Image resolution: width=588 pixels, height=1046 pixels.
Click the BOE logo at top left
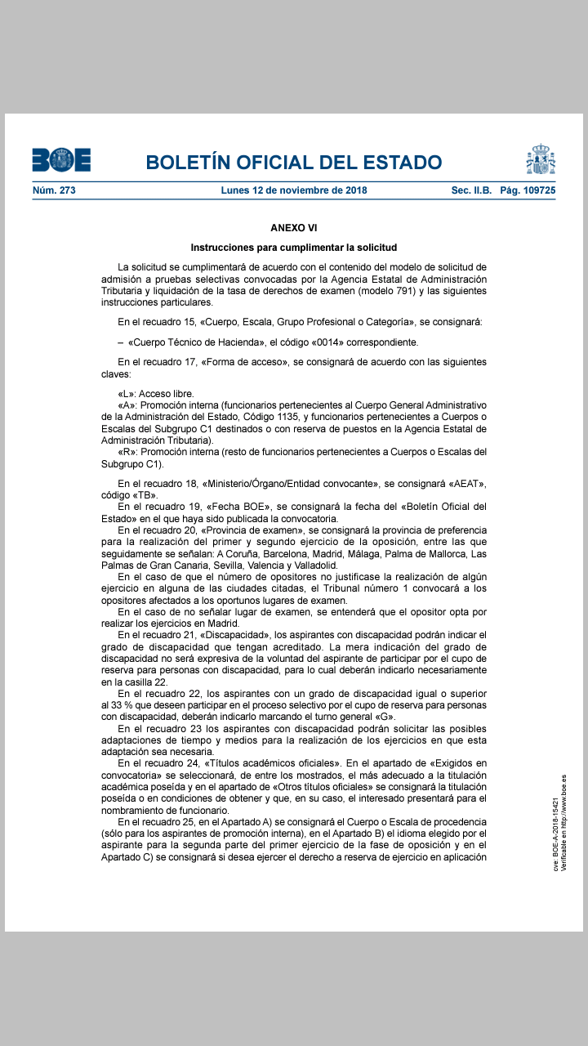[x=61, y=160]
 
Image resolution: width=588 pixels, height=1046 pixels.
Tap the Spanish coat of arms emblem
[x=541, y=159]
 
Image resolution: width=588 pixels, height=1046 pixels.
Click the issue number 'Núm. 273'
[x=54, y=190]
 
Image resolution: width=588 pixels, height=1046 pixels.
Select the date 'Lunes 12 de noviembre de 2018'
[x=294, y=190]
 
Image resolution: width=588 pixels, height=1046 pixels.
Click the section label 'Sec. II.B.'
[x=471, y=190]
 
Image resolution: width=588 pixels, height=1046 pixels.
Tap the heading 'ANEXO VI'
[x=294, y=227]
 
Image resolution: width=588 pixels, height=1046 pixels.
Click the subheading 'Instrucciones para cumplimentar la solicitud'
[x=294, y=247]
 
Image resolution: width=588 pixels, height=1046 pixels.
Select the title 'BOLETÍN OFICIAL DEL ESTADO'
[x=294, y=162]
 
